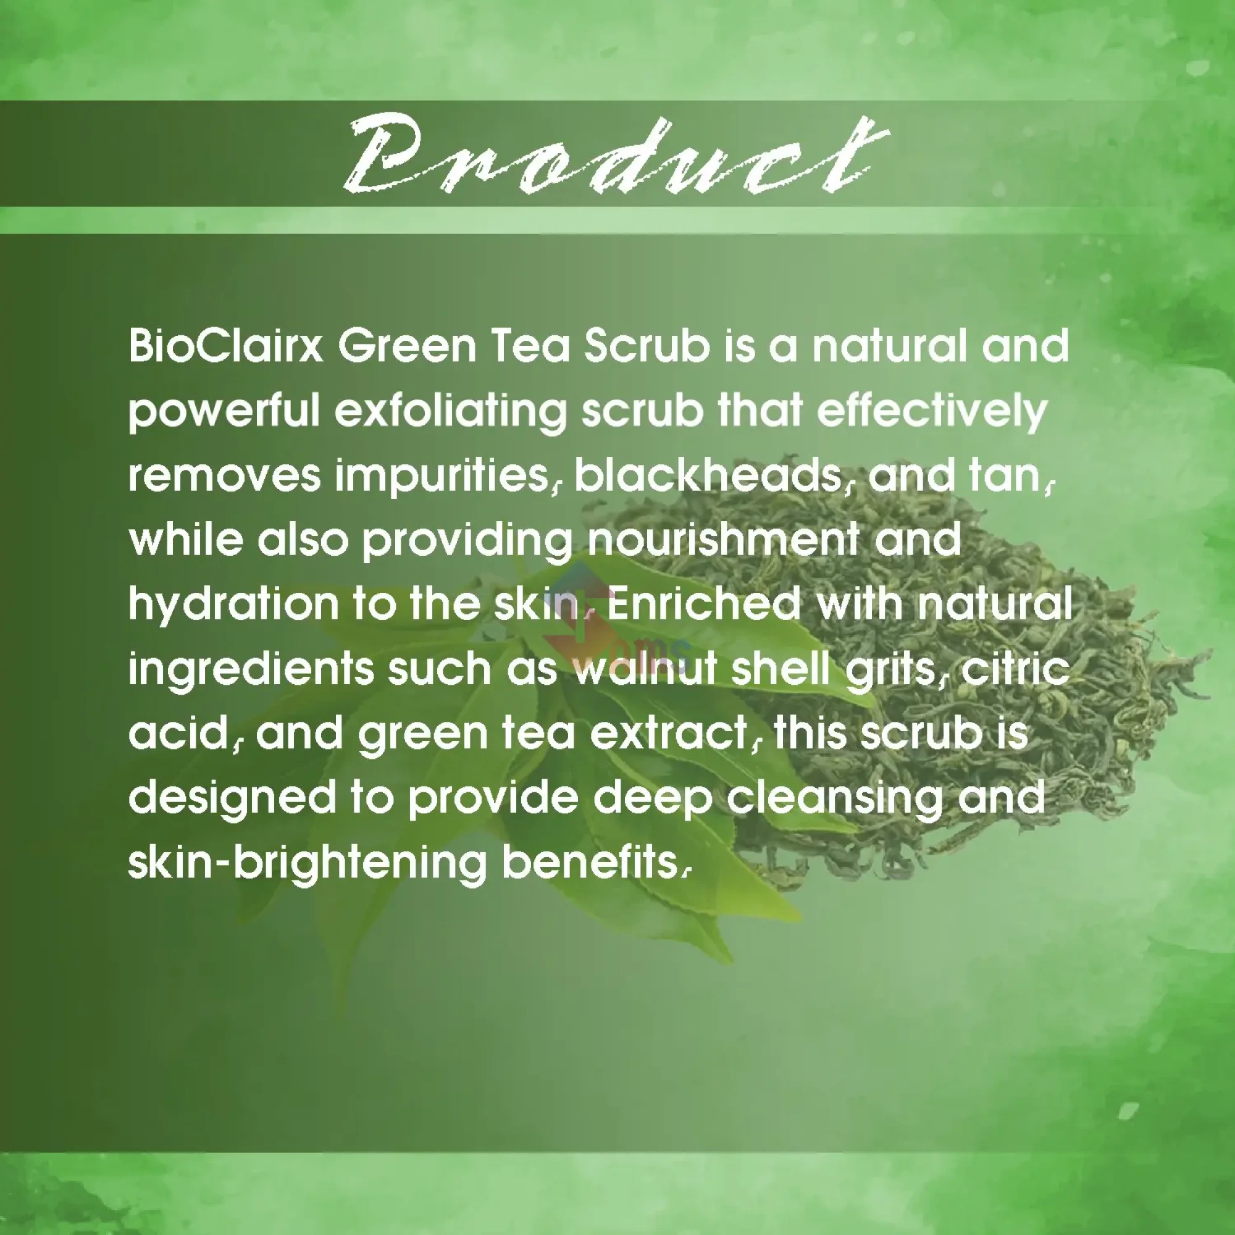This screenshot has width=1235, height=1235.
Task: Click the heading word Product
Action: tap(614, 157)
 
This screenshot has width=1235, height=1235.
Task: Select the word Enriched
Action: tap(703, 604)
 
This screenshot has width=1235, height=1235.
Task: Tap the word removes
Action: tap(224, 476)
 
